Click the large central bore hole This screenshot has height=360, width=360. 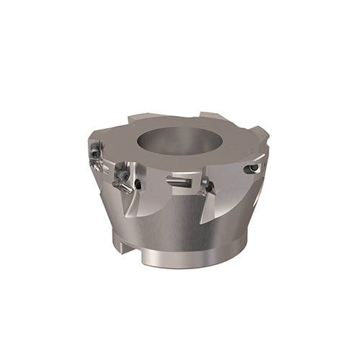(x=186, y=144)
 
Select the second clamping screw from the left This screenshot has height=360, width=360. (x=124, y=174)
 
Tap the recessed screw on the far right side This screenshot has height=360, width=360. (x=253, y=168)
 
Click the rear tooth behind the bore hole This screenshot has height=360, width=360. (x=212, y=117)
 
